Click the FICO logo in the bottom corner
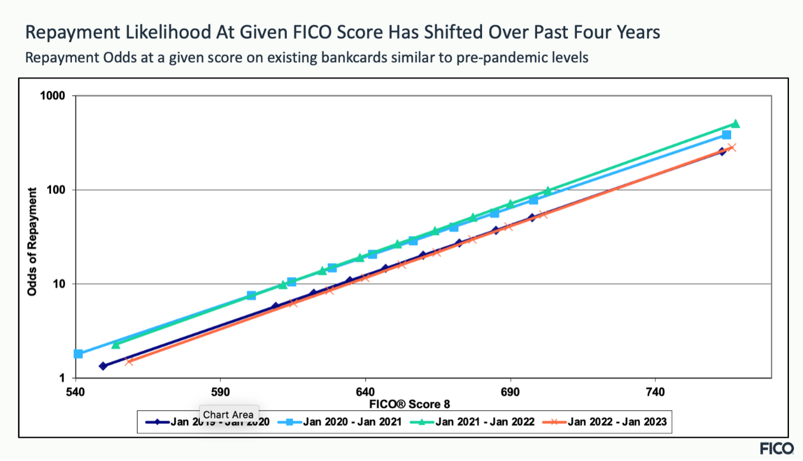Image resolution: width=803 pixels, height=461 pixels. click(x=777, y=448)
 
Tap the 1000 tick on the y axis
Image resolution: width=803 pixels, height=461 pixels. click(x=54, y=96)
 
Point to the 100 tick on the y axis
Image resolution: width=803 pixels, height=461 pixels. click(x=57, y=190)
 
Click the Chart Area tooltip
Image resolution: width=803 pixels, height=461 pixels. click(x=228, y=415)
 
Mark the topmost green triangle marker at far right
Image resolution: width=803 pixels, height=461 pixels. click(x=735, y=124)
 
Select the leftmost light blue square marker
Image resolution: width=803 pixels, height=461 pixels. click(x=79, y=354)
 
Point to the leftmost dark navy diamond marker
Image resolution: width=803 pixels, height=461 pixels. click(x=103, y=366)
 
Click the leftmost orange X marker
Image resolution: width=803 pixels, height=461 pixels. click(x=129, y=362)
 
